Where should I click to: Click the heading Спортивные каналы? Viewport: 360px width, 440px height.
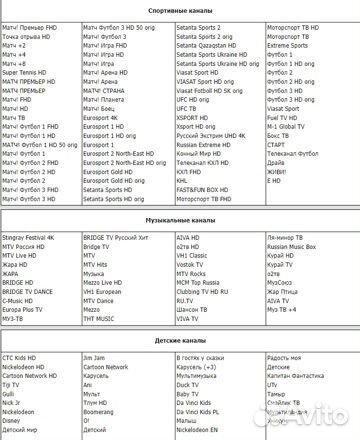click(x=180, y=6)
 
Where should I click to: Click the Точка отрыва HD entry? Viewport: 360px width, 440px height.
click(x=27, y=36)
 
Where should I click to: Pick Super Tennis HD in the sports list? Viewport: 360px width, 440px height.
click(x=25, y=72)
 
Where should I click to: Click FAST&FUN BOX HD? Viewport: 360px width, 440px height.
click(x=206, y=189)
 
